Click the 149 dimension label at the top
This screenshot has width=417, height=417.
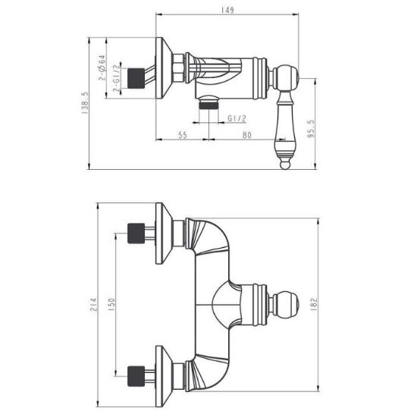click(227, 10)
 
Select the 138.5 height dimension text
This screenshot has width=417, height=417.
click(85, 103)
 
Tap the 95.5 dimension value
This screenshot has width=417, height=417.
click(311, 128)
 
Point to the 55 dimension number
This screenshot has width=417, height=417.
click(183, 135)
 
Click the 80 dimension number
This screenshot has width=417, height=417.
click(247, 135)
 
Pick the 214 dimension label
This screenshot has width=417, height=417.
click(94, 305)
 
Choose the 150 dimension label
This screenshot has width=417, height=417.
click(111, 305)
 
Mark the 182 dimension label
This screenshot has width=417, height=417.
click(314, 305)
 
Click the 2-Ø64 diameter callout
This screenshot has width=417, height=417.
click(102, 67)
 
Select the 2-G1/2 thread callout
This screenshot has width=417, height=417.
click(117, 78)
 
